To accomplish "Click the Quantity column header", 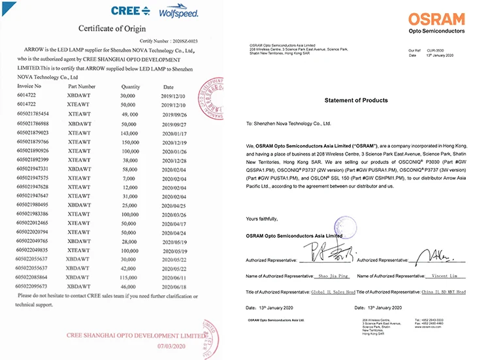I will tap(131, 86).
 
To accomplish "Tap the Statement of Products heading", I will tap(355, 100).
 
